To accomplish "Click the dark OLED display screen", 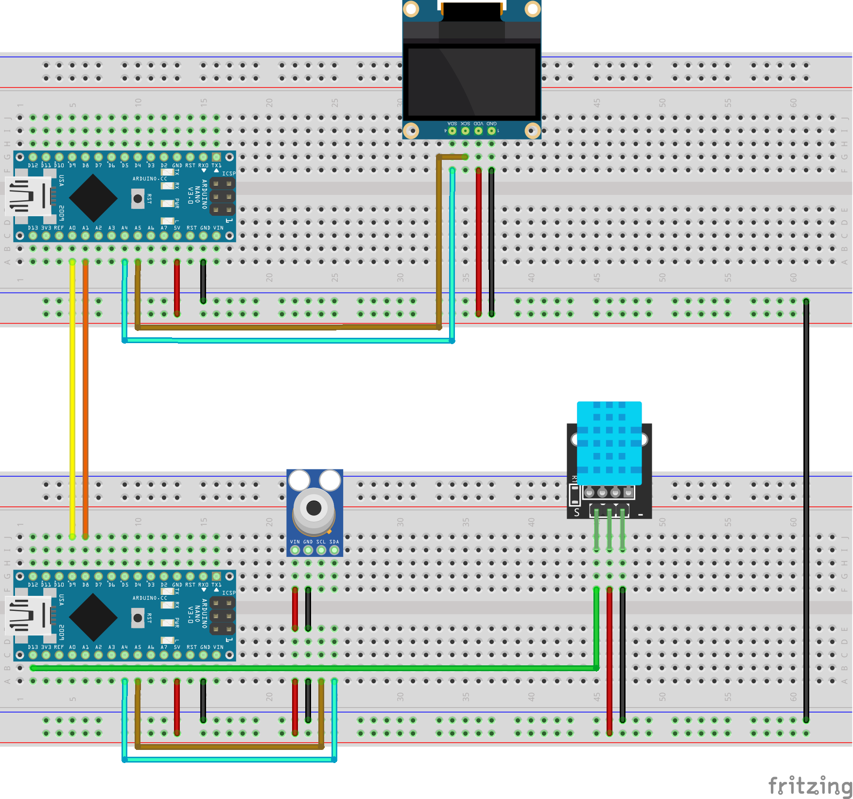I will (x=471, y=82).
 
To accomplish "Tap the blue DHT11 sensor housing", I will (x=609, y=442).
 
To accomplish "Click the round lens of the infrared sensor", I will (x=313, y=508).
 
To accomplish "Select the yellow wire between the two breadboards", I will (x=72, y=399).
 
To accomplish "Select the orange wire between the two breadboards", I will (x=86, y=399).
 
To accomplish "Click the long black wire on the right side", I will (x=806, y=510).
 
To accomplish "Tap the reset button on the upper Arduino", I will (x=138, y=198).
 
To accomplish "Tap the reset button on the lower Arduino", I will (x=138, y=618).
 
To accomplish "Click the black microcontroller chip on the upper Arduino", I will (x=93, y=198).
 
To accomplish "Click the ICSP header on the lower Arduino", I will (x=223, y=616).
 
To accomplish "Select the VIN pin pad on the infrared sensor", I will (x=295, y=550).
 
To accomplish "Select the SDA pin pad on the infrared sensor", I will (x=334, y=550).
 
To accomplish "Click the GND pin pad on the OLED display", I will (x=491, y=130).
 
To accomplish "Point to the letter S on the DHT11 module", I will (x=577, y=512).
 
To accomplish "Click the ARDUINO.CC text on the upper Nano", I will (x=150, y=179).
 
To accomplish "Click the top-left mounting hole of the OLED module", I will (x=411, y=9).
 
